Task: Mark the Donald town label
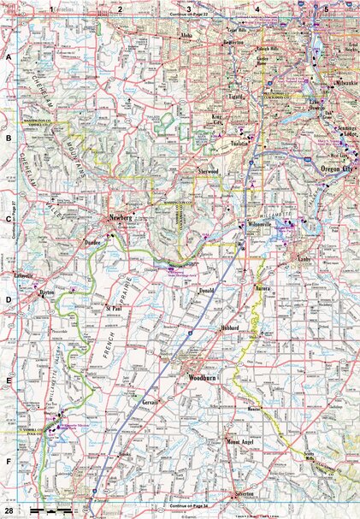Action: (x=206, y=291)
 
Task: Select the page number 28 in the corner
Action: (x=8, y=510)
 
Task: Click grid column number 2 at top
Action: (x=121, y=8)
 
